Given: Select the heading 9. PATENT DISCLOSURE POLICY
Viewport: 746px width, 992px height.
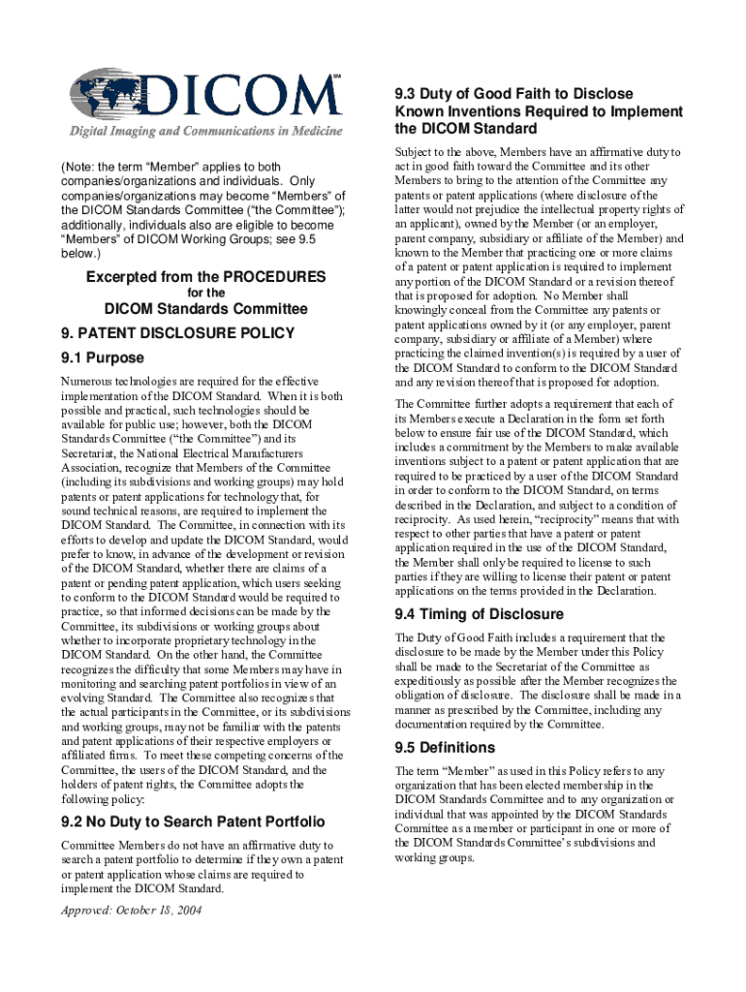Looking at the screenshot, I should click(x=177, y=333).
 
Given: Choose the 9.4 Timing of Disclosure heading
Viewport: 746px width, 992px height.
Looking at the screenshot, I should click(x=479, y=614).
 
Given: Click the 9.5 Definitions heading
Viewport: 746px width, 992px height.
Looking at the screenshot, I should click(x=445, y=747).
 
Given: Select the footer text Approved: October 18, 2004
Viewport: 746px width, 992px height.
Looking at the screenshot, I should click(x=132, y=911).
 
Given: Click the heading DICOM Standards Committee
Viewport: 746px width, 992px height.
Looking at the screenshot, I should click(x=205, y=309).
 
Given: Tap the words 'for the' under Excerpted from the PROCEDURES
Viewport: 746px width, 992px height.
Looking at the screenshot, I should click(x=205, y=292).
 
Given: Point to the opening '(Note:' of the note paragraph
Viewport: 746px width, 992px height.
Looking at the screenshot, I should click(x=78, y=167).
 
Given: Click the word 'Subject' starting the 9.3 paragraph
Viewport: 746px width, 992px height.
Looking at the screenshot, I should click(x=414, y=152).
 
